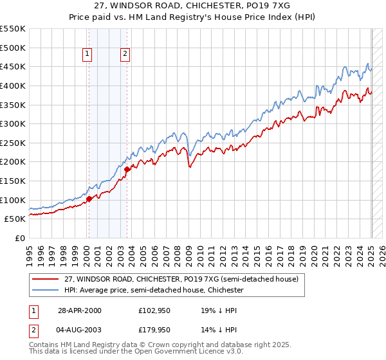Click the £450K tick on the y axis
13,66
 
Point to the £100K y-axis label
13,200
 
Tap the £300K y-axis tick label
13,123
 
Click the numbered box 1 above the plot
86,55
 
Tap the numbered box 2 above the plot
124,55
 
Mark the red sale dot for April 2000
89,199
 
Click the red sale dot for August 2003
127,169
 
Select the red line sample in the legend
46,280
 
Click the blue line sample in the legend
46,290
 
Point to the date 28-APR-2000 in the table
80,310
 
